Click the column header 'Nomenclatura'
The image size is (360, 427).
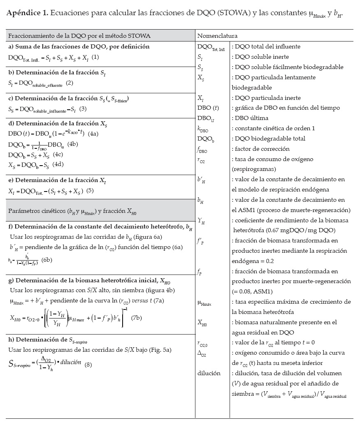pyautogui.click(x=217, y=36)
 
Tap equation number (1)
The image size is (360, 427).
pyautogui.click(x=95, y=57)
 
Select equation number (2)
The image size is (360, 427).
pyautogui.click(x=70, y=83)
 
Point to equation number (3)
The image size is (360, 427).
pyautogui.click(x=83, y=109)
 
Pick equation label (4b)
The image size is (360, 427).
pyautogui.click(x=73, y=144)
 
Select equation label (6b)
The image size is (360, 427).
pyautogui.click(x=45, y=260)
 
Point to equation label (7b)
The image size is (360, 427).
pyautogui.click(x=137, y=318)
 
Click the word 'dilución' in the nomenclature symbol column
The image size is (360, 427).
pyautogui.click(x=209, y=374)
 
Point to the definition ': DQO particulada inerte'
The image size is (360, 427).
pyautogui.click(x=266, y=98)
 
